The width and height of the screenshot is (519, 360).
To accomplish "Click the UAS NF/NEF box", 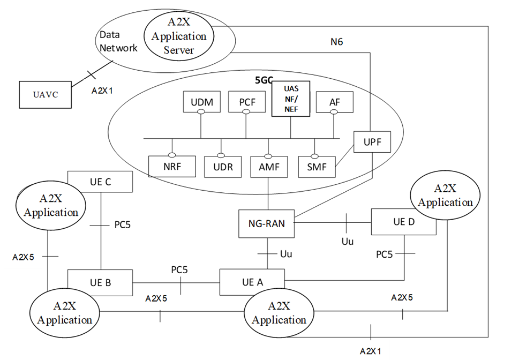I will pyautogui.click(x=290, y=99).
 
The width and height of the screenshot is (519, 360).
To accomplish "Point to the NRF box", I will pyautogui.click(x=172, y=166).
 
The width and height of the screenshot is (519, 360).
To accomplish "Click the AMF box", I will pyautogui.click(x=268, y=166).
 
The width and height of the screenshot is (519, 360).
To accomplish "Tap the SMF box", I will pyautogui.click(x=316, y=166).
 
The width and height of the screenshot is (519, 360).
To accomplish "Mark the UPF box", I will pyautogui.click(x=372, y=142).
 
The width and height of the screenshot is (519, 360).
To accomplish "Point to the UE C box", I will pyautogui.click(x=100, y=182).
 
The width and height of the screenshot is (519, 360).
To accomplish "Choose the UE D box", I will pyautogui.click(x=403, y=222).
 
